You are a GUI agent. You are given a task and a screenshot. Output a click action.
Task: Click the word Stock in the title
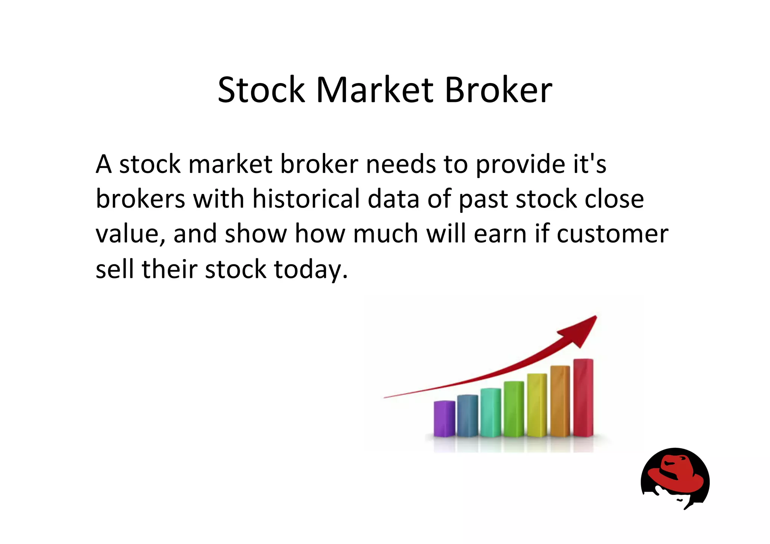point(261,90)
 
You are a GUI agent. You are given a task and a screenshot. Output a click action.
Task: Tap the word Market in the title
point(375,90)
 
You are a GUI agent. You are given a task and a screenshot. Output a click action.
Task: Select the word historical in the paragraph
point(306,199)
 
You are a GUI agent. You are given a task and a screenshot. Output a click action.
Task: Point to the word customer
point(612,234)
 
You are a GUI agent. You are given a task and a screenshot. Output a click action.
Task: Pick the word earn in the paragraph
point(500,234)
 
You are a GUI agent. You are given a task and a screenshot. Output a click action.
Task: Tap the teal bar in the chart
point(491,412)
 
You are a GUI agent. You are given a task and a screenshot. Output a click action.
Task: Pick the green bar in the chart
point(514,409)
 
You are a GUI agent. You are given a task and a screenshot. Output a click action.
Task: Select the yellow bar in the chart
point(537,405)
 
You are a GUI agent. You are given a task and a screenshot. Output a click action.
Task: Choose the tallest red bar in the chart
point(583,397)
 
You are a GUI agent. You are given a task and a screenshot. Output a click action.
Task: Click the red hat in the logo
point(677,476)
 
